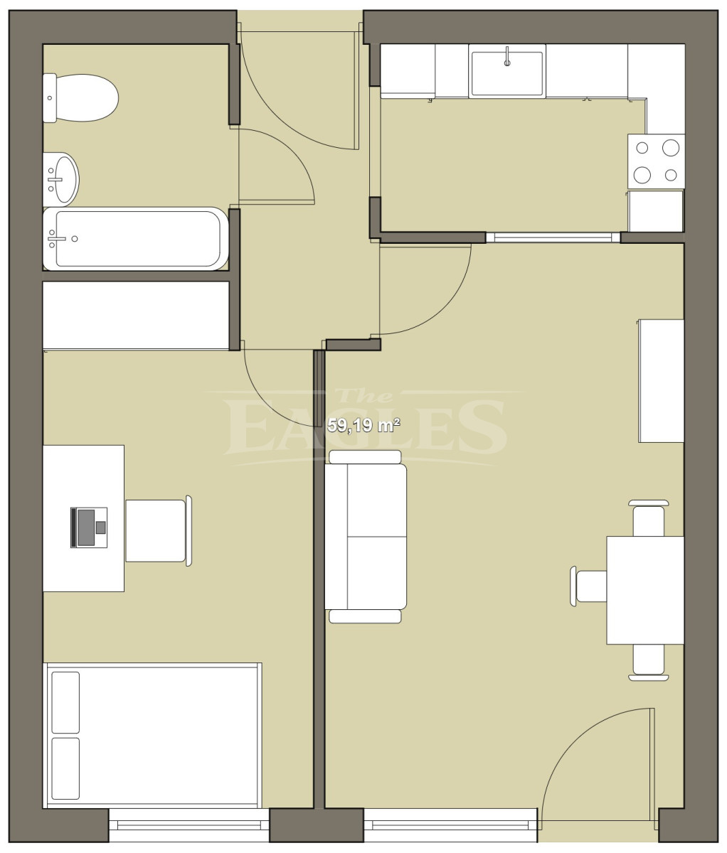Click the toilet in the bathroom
coord(80,98)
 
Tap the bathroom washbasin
coord(61,179)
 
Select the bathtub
coord(135,239)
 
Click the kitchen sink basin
coord(507,74)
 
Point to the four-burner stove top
coord(657,161)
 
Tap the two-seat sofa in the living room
coord(366,537)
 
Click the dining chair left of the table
coord(588,586)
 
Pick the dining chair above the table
coord(649,518)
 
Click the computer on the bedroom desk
coord(89,527)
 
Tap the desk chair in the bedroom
coord(159,531)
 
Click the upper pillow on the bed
coord(65,703)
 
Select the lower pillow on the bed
coord(65,769)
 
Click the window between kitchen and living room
coord(553,237)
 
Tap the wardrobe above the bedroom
coord(136,316)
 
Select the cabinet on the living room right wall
coord(662,381)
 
